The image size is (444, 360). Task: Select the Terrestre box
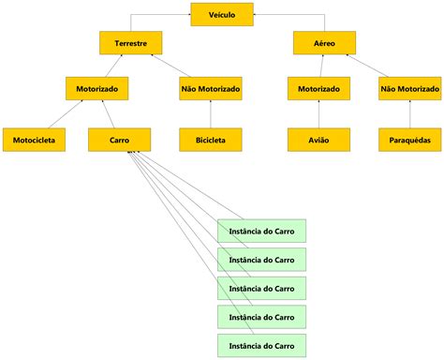pyautogui.click(x=131, y=42)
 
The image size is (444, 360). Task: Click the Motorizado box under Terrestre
pyautogui.click(x=96, y=89)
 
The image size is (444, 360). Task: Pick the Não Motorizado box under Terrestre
pyautogui.click(x=211, y=89)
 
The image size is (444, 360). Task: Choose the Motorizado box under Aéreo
pyautogui.click(x=318, y=89)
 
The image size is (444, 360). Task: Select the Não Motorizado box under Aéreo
pyautogui.click(x=410, y=89)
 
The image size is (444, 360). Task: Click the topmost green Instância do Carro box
pyautogui.click(x=261, y=231)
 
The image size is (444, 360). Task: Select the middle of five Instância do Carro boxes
pyautogui.click(x=261, y=287)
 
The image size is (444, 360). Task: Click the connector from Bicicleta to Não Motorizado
pyautogui.click(x=211, y=114)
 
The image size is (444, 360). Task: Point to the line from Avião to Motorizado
pyautogui.click(x=318, y=114)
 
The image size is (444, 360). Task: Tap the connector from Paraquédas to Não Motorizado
pyautogui.click(x=410, y=114)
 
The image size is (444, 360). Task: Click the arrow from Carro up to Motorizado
pyautogui.click(x=111, y=114)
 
